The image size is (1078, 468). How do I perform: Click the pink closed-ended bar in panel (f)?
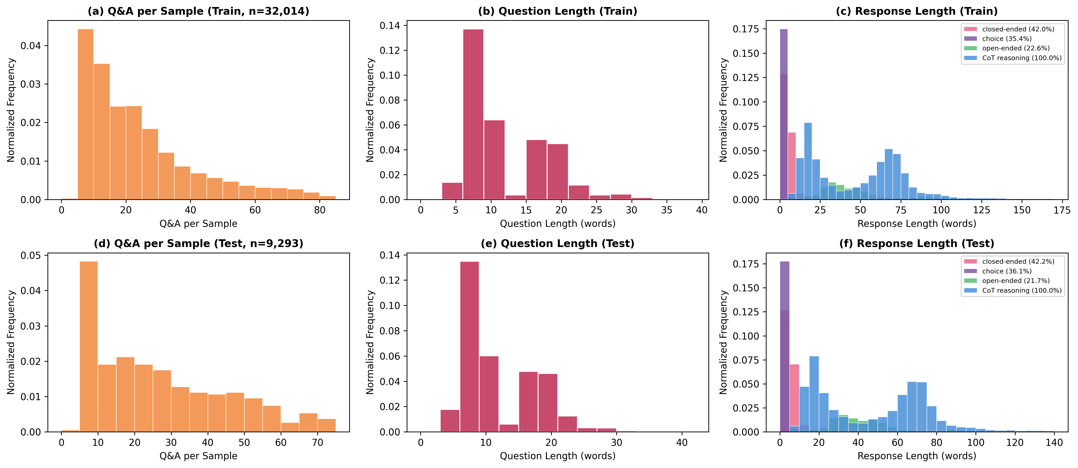pos(794,394)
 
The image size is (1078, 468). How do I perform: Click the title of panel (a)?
pos(198,11)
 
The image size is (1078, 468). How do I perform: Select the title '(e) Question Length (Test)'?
pos(557,244)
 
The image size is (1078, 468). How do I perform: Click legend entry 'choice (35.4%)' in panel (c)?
pos(1007,38)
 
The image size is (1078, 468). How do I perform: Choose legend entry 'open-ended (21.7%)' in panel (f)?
pos(1016,280)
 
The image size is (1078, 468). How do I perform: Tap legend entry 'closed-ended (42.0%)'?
pos(1018,29)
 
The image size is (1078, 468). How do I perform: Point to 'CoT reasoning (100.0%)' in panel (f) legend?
pos(1021,290)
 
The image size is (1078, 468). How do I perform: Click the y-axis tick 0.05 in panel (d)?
pos(31,255)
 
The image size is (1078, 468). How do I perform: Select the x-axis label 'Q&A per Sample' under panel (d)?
pos(198,456)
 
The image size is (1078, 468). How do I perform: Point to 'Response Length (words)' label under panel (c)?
pos(917,223)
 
